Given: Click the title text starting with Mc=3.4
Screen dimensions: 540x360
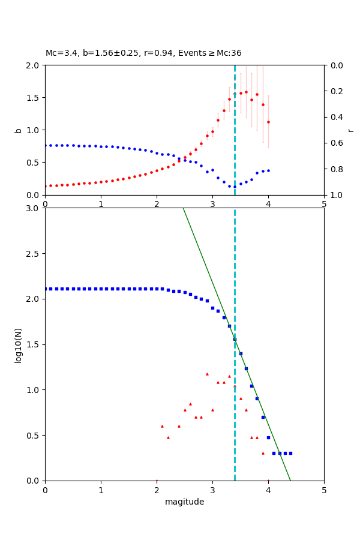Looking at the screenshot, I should (x=143, y=53).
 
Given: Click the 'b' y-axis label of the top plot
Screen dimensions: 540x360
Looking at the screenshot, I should (x=18, y=130).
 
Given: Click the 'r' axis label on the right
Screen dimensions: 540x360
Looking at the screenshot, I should (x=351, y=130).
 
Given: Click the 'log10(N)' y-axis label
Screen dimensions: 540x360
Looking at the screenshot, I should (x=18, y=344).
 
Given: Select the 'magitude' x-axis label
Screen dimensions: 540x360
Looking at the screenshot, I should (x=184, y=502).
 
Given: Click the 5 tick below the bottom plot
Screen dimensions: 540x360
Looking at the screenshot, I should (x=324, y=490).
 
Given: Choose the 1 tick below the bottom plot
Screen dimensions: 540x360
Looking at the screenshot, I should (x=101, y=490).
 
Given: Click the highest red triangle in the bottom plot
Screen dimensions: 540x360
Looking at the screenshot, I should (x=207, y=374).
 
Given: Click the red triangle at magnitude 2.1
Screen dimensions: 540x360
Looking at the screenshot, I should (x=162, y=426).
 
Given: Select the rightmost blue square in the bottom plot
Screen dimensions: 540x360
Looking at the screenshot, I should (x=290, y=453).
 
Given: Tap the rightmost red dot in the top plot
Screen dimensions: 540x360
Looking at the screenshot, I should (x=268, y=122).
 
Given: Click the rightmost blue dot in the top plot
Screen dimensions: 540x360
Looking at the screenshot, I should (x=268, y=170).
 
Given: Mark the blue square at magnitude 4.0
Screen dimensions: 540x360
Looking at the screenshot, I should (x=268, y=437).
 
